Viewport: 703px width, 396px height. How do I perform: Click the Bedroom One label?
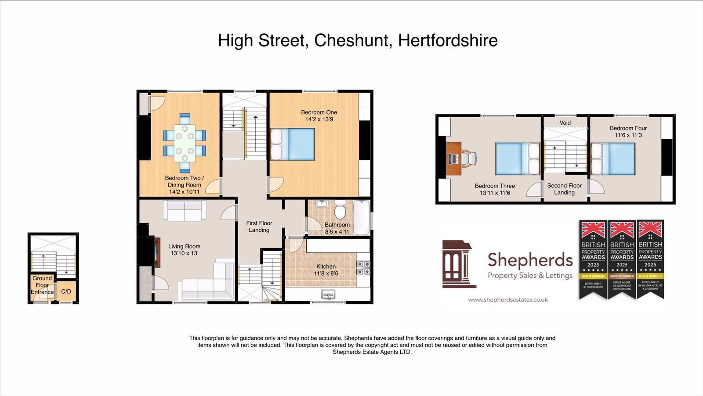[319, 112]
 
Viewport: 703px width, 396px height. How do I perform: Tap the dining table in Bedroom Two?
[185, 143]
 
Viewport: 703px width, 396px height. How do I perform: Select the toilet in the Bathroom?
[340, 211]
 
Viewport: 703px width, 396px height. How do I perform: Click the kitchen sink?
[328, 294]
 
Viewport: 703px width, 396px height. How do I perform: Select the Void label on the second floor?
[565, 122]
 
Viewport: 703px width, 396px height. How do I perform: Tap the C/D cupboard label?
[66, 292]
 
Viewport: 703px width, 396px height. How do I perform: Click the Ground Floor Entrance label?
[42, 285]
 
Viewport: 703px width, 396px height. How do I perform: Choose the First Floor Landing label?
[259, 227]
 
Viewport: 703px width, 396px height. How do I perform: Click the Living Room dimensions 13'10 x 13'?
[184, 253]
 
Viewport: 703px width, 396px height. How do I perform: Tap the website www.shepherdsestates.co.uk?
[507, 300]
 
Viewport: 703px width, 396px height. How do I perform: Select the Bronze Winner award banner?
[622, 259]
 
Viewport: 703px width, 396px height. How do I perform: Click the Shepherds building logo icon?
[458, 264]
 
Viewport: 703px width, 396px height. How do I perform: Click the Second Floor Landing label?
[564, 189]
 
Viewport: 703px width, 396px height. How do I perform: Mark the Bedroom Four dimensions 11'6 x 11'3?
[628, 135]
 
